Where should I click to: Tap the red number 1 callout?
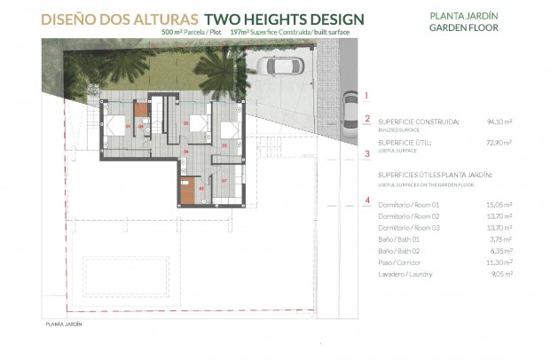[366, 94]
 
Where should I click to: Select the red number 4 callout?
[366, 200]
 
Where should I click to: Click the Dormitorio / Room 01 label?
[409, 205]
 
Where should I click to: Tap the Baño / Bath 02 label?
[402, 251]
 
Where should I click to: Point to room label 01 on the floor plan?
[129, 126]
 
